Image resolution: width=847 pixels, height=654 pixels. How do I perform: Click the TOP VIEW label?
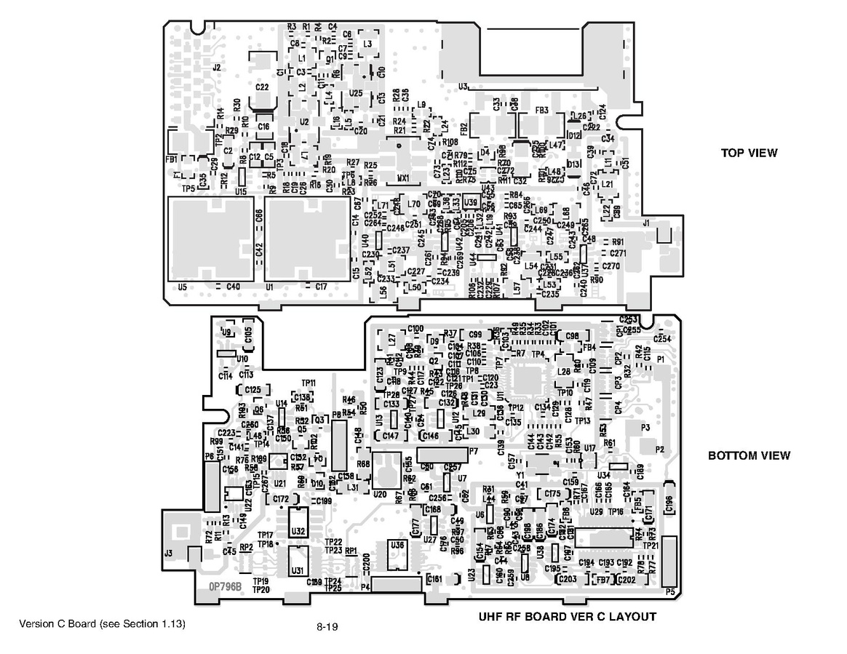tap(749, 153)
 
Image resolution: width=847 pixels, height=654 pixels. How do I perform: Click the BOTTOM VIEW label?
tap(749, 456)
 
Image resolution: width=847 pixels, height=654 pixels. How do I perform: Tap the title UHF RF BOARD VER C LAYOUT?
tap(567, 617)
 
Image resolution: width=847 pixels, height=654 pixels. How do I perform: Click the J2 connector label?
tap(216, 68)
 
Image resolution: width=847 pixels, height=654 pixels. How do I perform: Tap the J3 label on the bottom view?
tap(168, 554)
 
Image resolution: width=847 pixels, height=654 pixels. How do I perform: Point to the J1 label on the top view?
tap(646, 223)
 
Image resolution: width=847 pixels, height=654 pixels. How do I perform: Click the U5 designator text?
tap(182, 287)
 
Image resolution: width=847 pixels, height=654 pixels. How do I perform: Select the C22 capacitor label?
tap(263, 87)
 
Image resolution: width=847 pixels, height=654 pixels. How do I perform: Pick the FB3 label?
tap(541, 111)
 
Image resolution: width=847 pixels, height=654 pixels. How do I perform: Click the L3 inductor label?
tap(367, 44)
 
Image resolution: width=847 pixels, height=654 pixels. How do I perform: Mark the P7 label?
tap(473, 452)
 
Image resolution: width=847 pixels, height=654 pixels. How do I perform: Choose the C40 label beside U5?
tap(233, 287)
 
